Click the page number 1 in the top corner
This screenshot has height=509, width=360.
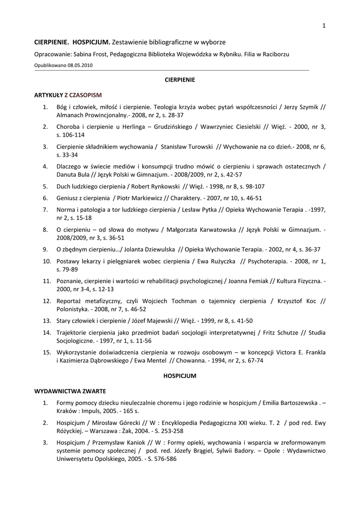[x=324, y=26]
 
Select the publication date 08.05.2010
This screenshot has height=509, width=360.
[x=80, y=65]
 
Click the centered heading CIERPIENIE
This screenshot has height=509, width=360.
[x=180, y=80]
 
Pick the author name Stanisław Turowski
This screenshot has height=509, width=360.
[x=186, y=147]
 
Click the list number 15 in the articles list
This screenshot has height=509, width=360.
[x=47, y=352]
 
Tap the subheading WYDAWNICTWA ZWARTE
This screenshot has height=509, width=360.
[x=70, y=390]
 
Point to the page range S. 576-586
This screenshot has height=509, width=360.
[x=160, y=459]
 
